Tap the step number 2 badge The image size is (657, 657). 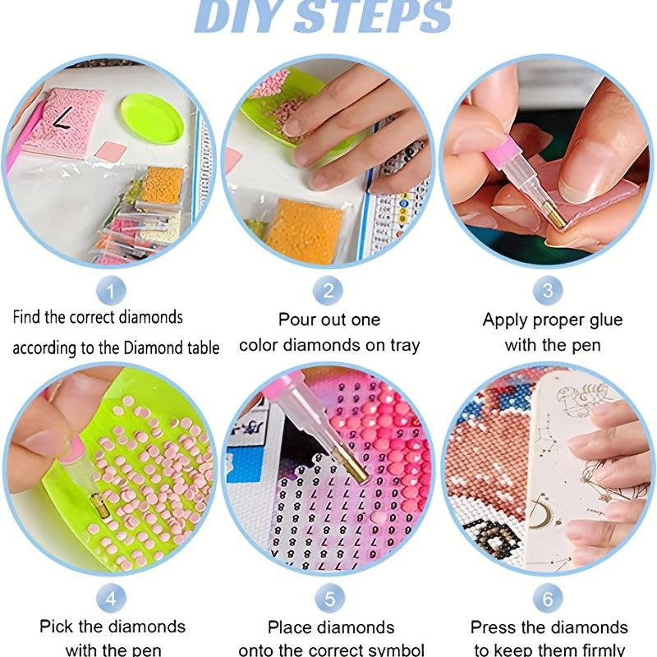[x=328, y=290]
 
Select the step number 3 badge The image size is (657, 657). [x=547, y=290]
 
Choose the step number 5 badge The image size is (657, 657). [x=328, y=596]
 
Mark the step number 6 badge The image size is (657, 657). [x=547, y=596]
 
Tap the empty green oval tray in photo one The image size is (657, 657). [x=153, y=118]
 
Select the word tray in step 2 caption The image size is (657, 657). [x=402, y=346]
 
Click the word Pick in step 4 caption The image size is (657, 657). [x=55, y=627]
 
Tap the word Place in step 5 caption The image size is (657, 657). [x=290, y=627]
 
